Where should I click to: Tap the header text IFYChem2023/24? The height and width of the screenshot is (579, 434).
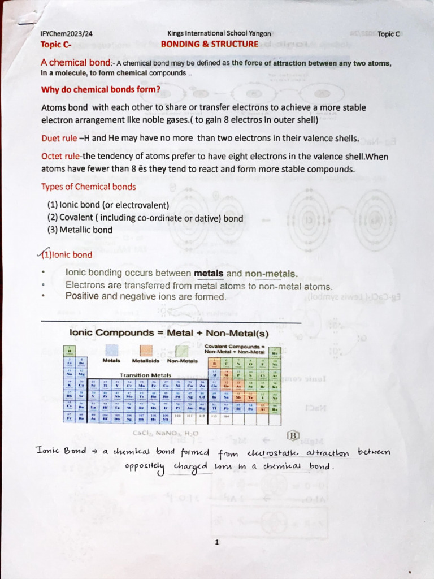(67, 33)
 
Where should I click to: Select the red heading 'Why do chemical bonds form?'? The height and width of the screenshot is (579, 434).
(101, 89)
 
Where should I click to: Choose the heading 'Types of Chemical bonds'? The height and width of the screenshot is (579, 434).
(88, 187)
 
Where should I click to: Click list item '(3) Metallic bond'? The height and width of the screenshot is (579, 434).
(80, 230)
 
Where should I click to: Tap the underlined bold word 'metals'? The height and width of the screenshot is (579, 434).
(209, 274)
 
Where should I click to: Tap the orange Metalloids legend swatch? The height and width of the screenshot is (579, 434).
(146, 350)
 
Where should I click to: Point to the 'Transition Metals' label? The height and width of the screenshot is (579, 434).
(145, 375)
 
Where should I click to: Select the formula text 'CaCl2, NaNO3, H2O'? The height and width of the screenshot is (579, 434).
(166, 433)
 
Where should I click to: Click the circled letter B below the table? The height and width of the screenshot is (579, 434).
(293, 436)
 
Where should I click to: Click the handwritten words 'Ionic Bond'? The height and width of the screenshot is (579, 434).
(62, 452)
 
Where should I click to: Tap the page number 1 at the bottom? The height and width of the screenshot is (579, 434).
(216, 542)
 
